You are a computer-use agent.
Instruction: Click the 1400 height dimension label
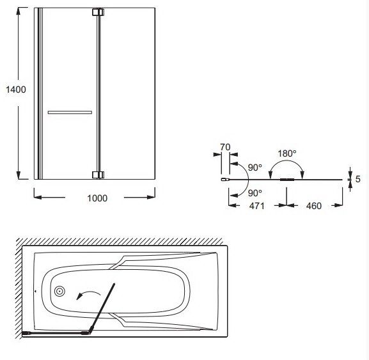coord(16,90)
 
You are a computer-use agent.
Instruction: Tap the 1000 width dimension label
coord(97,198)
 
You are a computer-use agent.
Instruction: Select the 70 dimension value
coord(225,147)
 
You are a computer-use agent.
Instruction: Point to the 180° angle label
coord(287,153)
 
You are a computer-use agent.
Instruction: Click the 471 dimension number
coord(257,206)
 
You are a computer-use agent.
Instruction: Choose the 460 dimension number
coord(314,206)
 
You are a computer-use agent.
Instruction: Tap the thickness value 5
coord(357,179)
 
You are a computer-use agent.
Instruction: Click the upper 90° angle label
coord(255,168)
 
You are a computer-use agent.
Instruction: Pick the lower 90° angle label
coord(255,193)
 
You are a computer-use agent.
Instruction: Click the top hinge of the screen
coord(98,12)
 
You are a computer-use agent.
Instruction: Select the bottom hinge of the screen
coord(98,175)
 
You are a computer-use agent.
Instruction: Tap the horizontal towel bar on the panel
coord(70,113)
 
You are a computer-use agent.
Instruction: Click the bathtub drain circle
coord(59,292)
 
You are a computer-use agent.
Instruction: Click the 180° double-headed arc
coord(287,161)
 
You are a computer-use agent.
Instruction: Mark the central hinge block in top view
coord(287,180)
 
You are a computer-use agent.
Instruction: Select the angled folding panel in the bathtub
coord(102,308)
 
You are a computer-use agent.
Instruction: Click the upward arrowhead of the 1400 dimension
coord(19,11)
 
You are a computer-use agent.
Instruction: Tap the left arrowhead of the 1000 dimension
coord(38,197)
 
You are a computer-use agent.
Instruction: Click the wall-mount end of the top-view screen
coord(224,180)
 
